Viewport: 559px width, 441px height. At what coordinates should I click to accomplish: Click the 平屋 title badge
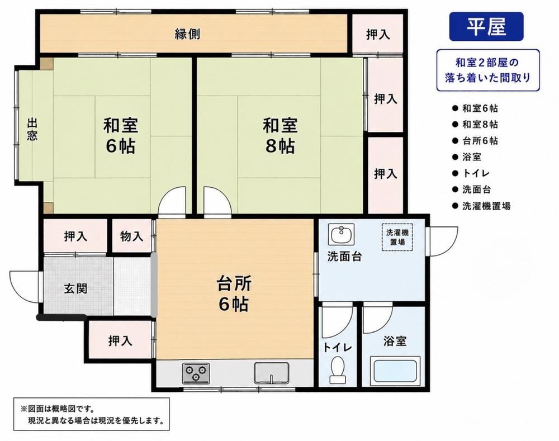486,27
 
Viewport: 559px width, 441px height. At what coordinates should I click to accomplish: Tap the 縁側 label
187,34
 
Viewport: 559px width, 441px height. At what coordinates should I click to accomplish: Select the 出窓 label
32,130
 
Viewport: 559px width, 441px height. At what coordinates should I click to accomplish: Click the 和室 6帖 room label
121,135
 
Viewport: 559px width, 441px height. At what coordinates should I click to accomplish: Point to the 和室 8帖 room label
280,135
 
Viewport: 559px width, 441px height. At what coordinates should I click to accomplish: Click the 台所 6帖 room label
234,294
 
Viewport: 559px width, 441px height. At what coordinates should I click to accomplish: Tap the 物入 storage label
131,236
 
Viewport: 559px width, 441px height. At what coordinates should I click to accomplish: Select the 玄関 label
75,288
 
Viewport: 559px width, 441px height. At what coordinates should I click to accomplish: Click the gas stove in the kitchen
196,373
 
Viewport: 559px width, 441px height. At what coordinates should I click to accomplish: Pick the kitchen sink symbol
271,373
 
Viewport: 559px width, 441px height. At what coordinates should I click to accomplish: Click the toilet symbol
337,370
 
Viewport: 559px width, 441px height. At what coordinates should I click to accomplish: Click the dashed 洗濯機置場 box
397,237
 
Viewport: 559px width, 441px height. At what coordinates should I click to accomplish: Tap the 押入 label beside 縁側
378,35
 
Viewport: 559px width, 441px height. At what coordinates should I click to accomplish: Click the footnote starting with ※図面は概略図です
92,414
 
